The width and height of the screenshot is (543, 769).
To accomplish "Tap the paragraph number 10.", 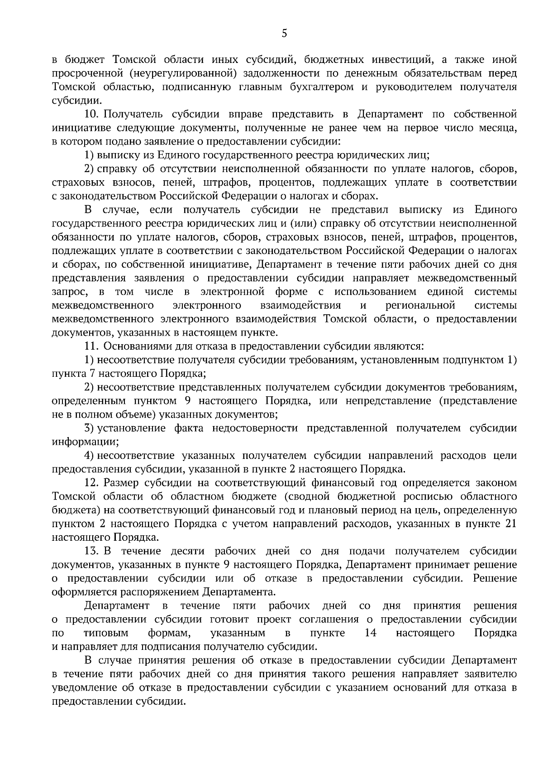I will point(93,114).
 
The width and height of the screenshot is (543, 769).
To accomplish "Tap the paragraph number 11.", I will point(92,346).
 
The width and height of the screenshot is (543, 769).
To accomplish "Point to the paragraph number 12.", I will point(93,483).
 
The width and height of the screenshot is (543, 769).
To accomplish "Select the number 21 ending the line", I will point(510,524).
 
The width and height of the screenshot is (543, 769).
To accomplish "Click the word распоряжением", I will point(158,592).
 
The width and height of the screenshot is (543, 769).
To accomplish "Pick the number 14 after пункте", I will point(370,633).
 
